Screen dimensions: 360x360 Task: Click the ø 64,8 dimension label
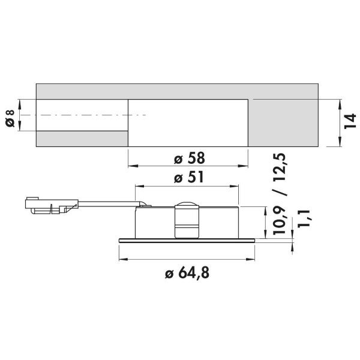(x=187, y=273)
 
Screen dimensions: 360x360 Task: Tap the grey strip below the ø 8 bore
(x=82, y=139)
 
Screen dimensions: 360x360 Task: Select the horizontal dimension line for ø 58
(x=188, y=166)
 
